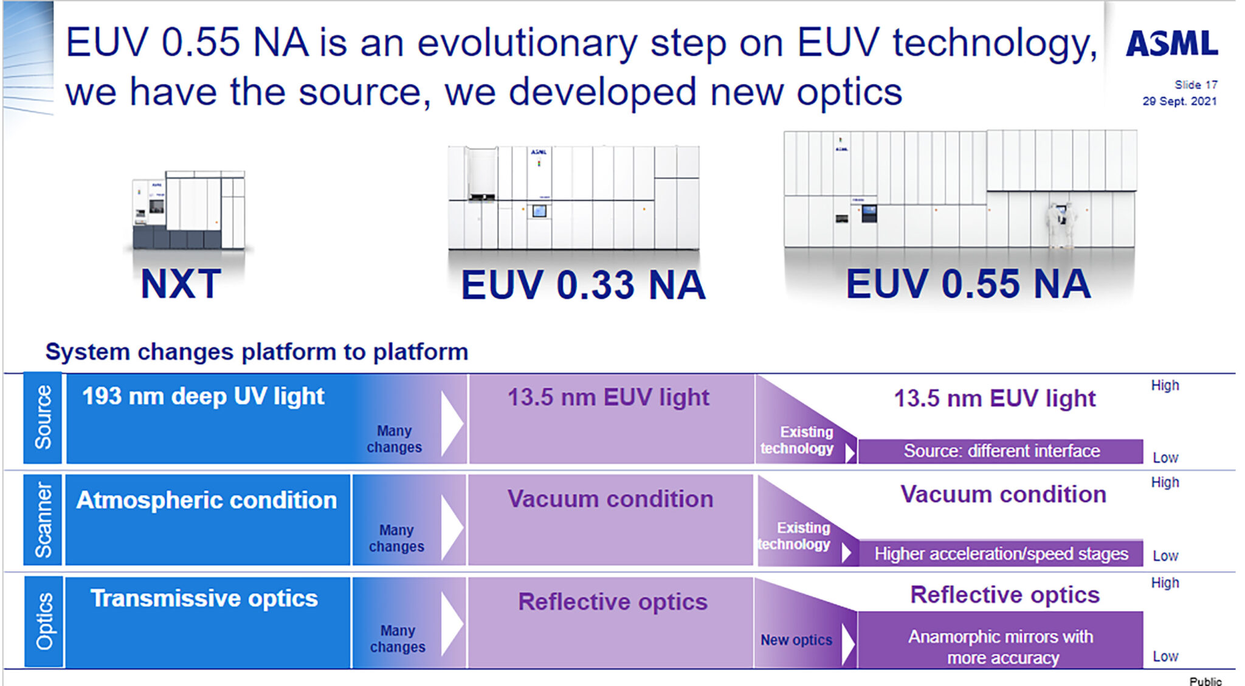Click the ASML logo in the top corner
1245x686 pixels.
(x=1171, y=44)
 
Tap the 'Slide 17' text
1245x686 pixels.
(x=1195, y=85)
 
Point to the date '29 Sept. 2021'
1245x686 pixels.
(x=1179, y=101)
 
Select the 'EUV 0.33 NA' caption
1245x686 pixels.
(x=583, y=285)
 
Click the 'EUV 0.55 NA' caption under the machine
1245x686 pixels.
(x=968, y=284)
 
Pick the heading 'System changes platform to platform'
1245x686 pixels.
(x=257, y=352)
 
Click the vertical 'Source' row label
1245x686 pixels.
(x=43, y=417)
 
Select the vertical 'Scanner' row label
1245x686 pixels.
(x=43, y=520)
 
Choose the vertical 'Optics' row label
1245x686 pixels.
(x=44, y=621)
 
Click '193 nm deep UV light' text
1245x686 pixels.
(x=203, y=397)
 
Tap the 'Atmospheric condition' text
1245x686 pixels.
(x=206, y=500)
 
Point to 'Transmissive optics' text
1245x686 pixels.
(x=204, y=598)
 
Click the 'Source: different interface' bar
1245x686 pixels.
(x=1001, y=451)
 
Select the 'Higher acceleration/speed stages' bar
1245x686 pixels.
(x=1001, y=554)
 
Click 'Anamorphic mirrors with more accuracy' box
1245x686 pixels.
(x=1001, y=646)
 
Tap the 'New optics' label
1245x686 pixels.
(x=796, y=640)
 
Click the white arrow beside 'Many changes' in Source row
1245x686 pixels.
(x=452, y=423)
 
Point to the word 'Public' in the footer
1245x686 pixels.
(x=1205, y=681)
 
